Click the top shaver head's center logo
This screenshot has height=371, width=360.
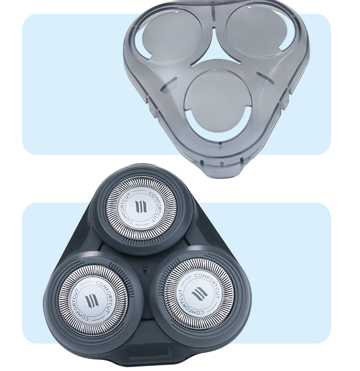[141, 207]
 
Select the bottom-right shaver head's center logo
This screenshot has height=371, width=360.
[199, 294]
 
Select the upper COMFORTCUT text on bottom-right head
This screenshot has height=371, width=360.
[206, 281]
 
